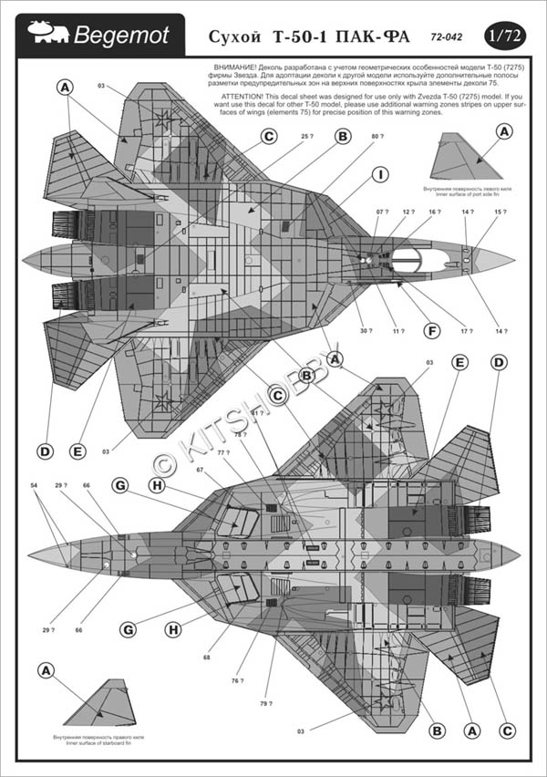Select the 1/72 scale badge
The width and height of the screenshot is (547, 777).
(x=505, y=36)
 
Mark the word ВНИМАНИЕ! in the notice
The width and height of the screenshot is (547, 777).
(x=240, y=68)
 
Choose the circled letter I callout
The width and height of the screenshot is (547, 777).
(x=381, y=174)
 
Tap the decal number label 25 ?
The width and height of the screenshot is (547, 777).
(x=307, y=138)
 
